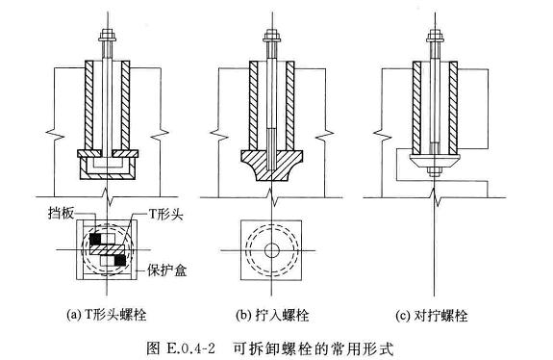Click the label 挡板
click(x=61, y=214)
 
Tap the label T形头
click(x=165, y=214)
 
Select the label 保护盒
click(x=166, y=270)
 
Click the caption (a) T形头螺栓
click(x=106, y=314)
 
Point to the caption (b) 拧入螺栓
click(x=272, y=315)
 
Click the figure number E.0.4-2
click(x=189, y=348)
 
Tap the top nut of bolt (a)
click(x=108, y=35)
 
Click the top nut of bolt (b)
click(x=271, y=35)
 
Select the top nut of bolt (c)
click(x=435, y=35)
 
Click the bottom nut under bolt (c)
click(x=435, y=171)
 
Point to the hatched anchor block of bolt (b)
click(x=271, y=165)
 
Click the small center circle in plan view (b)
click(x=271, y=250)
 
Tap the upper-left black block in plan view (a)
click(x=95, y=240)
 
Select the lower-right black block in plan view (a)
click(x=120, y=261)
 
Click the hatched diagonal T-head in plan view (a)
click(x=108, y=250)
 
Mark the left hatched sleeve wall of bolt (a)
click(x=88, y=105)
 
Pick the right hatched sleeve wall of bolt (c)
click(x=453, y=108)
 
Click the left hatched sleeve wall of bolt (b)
click(x=253, y=106)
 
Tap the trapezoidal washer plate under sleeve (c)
click(x=435, y=161)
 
